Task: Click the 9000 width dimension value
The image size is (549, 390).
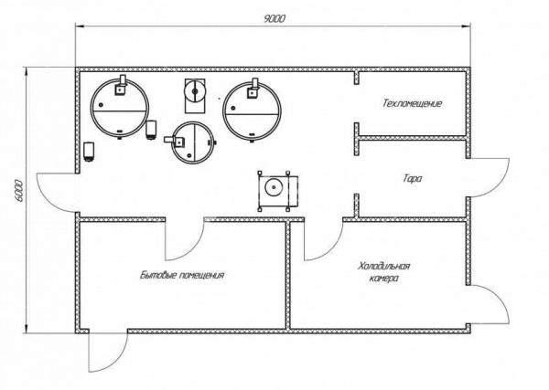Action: click(x=273, y=18)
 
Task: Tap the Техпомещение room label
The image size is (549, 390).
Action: click(x=412, y=104)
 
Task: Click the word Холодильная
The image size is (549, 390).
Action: click(x=383, y=266)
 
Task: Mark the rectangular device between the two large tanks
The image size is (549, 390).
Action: click(x=195, y=92)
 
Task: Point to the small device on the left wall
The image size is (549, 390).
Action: click(x=89, y=152)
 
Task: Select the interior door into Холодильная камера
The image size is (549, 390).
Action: click(x=318, y=239)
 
